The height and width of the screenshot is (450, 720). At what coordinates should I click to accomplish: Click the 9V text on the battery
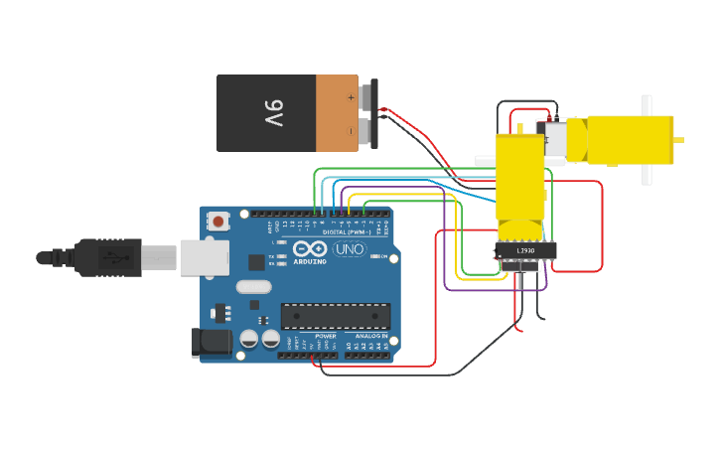coord(274,113)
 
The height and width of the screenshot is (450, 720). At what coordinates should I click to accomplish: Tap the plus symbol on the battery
coord(351,97)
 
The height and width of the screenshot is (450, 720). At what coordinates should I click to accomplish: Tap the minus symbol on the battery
coord(351,130)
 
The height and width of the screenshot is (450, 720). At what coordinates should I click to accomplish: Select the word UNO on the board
coord(350,249)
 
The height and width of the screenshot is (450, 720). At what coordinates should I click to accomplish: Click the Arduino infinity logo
coord(310,249)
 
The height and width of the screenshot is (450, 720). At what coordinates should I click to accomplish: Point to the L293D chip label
coord(525,250)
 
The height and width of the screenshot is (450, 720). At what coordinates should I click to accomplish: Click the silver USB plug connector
coord(159,258)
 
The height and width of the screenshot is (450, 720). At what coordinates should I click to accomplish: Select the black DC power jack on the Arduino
coord(215,344)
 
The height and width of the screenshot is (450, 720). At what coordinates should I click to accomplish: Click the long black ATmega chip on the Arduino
coord(335,316)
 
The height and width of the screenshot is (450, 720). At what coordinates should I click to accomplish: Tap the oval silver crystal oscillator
coord(253,287)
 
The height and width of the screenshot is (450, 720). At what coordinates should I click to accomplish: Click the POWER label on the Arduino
coord(326,337)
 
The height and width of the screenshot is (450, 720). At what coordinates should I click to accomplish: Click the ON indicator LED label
coord(383,256)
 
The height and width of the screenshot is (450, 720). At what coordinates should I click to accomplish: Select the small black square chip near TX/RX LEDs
coord(256,262)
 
